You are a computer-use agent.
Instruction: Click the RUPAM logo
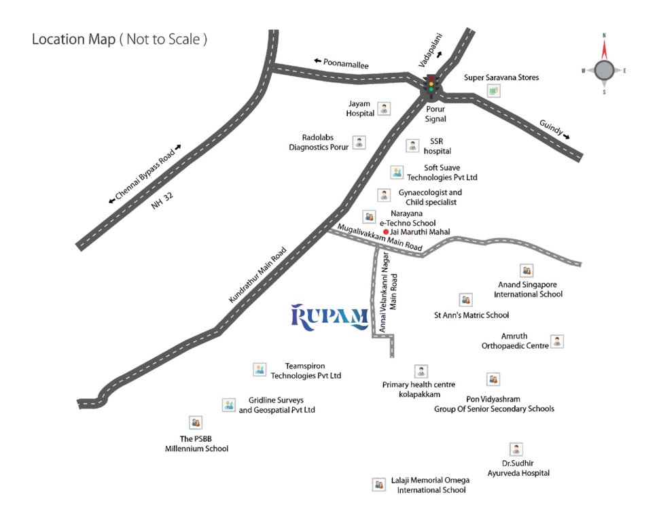(329, 317)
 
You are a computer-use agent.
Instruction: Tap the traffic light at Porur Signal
(431, 84)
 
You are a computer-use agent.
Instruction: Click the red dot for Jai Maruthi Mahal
(386, 232)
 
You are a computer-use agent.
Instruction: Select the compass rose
(604, 69)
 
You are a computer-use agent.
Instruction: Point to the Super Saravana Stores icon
(494, 91)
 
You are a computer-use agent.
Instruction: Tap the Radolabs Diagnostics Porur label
(319, 141)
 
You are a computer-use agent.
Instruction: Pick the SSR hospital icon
(412, 145)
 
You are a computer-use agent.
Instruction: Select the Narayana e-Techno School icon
(369, 216)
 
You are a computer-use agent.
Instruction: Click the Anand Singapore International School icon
(527, 271)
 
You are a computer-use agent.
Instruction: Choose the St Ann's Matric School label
(471, 315)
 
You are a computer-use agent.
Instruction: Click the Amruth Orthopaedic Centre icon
(556, 341)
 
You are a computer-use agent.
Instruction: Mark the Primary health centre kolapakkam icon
(421, 371)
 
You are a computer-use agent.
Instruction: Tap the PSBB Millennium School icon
(196, 423)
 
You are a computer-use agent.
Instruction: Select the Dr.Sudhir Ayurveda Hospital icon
(517, 449)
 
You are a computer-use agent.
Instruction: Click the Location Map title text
(120, 39)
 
